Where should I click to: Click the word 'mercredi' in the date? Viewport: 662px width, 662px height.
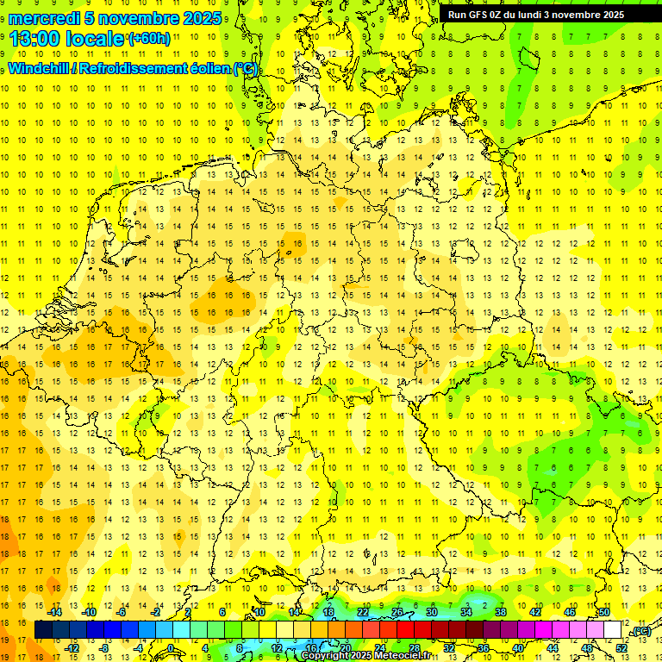pos(45,18)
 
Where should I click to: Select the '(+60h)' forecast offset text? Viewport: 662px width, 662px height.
pos(148,39)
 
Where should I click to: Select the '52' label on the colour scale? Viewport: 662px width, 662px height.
pos(621,648)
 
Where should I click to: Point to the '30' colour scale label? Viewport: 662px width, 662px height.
pos(432,612)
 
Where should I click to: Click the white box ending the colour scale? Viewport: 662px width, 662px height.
pos(612,630)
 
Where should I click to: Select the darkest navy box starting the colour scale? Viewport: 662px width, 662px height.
pos(44,630)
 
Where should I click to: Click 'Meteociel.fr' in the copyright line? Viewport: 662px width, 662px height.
pos(399,656)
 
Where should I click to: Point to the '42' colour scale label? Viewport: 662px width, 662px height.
pos(535,612)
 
